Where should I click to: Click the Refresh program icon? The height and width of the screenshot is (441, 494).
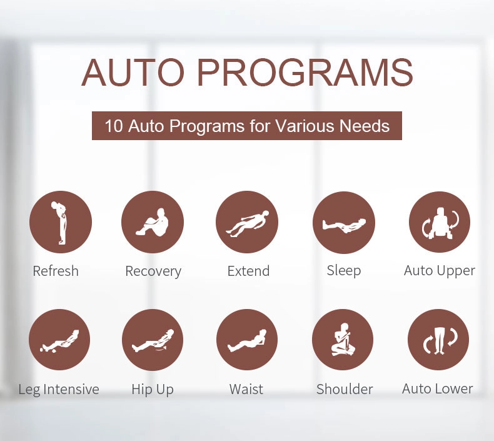(61, 222)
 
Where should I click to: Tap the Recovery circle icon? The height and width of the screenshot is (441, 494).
(153, 222)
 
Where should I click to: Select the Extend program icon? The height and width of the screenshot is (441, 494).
(247, 222)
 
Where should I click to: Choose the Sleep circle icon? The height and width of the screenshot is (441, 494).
(344, 222)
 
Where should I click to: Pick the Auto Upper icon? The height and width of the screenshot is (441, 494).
(440, 222)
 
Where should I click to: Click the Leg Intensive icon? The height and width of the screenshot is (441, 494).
(59, 340)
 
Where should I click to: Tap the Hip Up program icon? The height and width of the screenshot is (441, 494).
(153, 340)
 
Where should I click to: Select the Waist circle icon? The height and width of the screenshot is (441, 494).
(247, 340)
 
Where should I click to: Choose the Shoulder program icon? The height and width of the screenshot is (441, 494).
(343, 340)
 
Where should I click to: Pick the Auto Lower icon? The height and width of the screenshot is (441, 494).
(438, 340)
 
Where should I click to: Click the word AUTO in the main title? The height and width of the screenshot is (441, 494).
(133, 73)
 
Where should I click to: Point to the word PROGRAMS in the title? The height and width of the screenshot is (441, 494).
(305, 73)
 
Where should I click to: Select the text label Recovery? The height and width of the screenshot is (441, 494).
(153, 271)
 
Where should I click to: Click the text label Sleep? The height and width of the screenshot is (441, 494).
(344, 270)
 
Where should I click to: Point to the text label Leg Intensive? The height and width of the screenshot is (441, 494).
(59, 389)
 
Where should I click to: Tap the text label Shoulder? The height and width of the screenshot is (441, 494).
(345, 389)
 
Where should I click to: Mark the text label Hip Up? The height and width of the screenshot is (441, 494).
(153, 389)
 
